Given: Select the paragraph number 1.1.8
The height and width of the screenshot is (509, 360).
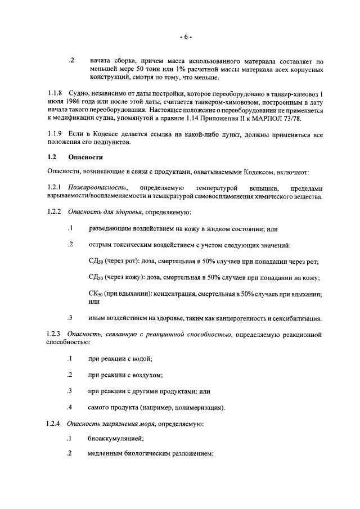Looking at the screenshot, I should point(55,93).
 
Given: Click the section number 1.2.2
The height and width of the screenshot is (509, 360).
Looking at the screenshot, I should point(55,213).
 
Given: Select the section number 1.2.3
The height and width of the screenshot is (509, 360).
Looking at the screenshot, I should point(55,335).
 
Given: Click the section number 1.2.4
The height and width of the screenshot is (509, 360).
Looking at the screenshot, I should point(55,422).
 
